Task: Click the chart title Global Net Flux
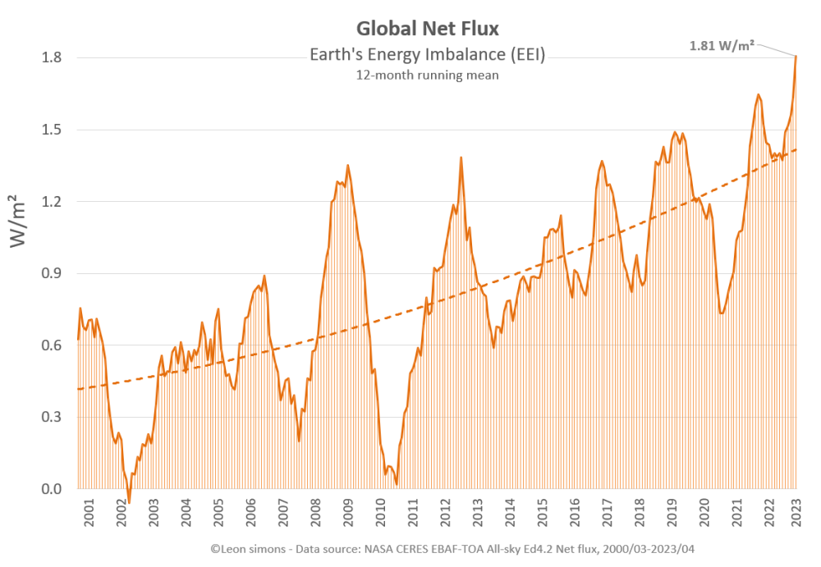[x=427, y=29]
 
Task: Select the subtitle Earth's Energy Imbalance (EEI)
[x=427, y=55]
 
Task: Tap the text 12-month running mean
[x=427, y=75]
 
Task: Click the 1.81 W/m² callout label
[x=722, y=46]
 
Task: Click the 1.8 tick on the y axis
[x=53, y=57]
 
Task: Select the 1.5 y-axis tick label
[x=53, y=130]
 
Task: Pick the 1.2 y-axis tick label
[x=53, y=202]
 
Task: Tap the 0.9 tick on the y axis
[x=53, y=273]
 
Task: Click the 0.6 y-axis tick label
[x=53, y=345]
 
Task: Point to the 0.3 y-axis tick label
[x=53, y=418]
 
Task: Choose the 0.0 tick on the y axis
[x=53, y=490]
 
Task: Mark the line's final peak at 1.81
[x=796, y=56]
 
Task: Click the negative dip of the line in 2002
[x=129, y=502]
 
